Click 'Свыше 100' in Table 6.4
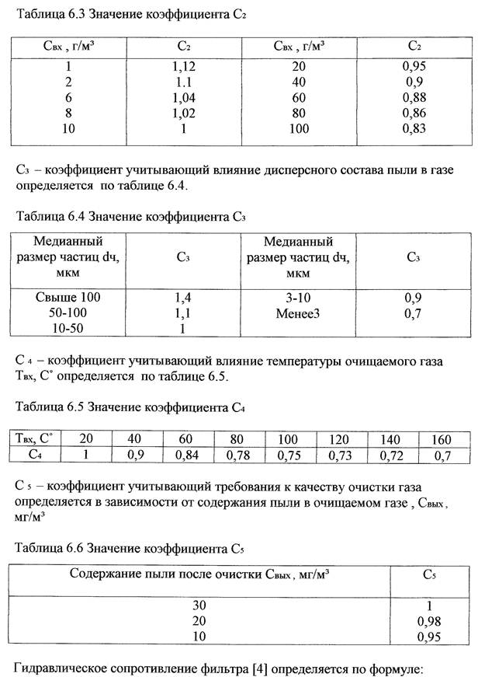(x=68, y=297)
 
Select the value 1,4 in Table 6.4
(x=184, y=297)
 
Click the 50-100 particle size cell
(x=68, y=312)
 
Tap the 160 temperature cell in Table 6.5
(x=441, y=439)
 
